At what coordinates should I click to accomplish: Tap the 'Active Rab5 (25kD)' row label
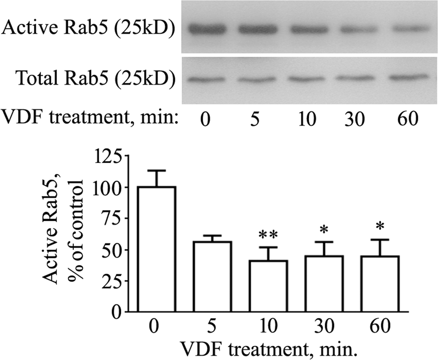coord(88,30)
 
